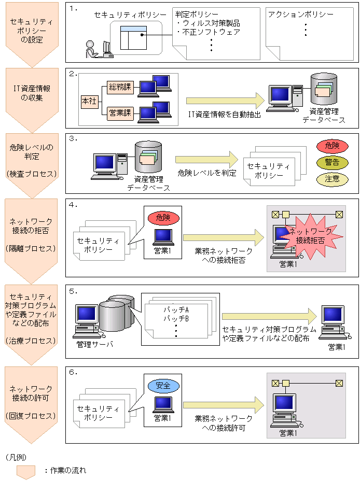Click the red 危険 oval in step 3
tap(332, 146)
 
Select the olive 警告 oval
tap(332, 163)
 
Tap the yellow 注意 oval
tap(332, 179)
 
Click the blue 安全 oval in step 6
tap(163, 386)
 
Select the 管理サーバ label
tap(94, 344)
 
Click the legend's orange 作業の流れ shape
tap(26, 471)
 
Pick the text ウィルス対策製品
tap(208, 23)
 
